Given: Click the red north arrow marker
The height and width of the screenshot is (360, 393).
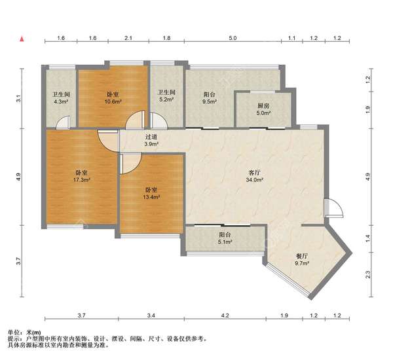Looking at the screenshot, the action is tap(22, 39).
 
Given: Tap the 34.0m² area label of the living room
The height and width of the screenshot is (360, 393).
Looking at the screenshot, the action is tap(254, 179).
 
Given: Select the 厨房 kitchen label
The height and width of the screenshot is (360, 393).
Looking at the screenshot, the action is tap(263, 106).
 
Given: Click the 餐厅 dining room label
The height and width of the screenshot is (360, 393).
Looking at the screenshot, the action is tap(302, 257).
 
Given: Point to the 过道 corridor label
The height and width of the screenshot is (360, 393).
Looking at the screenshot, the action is tap(151, 137).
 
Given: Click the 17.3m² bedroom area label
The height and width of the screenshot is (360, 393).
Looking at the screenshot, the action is tap(81, 179).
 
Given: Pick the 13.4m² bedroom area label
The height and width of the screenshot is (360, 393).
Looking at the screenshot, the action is tap(151, 197).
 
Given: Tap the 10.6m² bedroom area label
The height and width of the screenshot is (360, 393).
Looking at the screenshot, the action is tap(113, 101).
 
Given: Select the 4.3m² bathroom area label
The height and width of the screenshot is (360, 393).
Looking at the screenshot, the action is tap(61, 101).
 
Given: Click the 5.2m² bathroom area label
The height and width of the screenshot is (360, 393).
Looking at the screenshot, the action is tap(166, 99).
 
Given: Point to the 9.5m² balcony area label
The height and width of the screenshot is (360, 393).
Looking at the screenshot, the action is tap(210, 101).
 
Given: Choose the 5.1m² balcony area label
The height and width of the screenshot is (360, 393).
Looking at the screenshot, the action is tap(225, 242).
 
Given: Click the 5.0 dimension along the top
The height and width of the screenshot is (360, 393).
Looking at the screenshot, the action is tap(233, 38).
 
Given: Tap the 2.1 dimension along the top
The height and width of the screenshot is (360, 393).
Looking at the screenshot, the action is tap(128, 38).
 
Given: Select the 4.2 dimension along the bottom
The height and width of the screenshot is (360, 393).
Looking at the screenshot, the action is tap(225, 315).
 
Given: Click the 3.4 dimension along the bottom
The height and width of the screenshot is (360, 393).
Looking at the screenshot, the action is tap(151, 315).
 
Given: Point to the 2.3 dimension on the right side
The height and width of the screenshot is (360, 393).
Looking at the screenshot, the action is tap(367, 275).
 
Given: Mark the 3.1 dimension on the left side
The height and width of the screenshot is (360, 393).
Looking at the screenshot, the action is tap(18, 99).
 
